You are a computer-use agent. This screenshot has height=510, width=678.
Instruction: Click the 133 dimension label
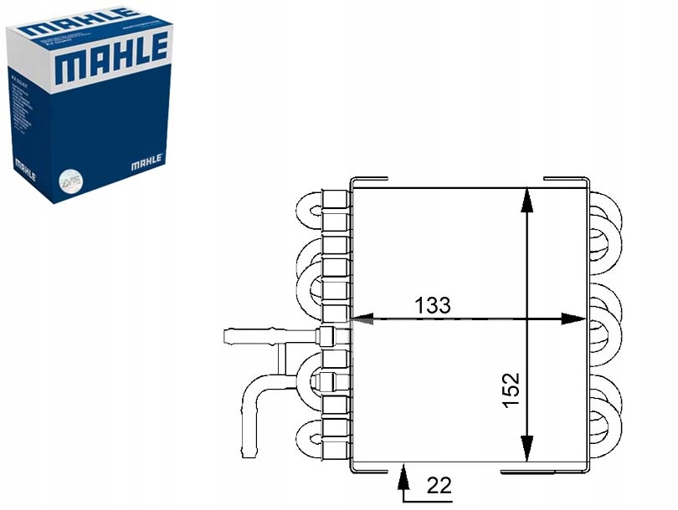tap(433, 305)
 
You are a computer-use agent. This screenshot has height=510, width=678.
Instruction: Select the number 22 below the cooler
tap(438, 484)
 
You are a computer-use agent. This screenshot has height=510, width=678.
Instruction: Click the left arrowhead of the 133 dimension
tap(359, 319)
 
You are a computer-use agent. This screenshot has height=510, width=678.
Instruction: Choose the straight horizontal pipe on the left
tap(251, 337)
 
